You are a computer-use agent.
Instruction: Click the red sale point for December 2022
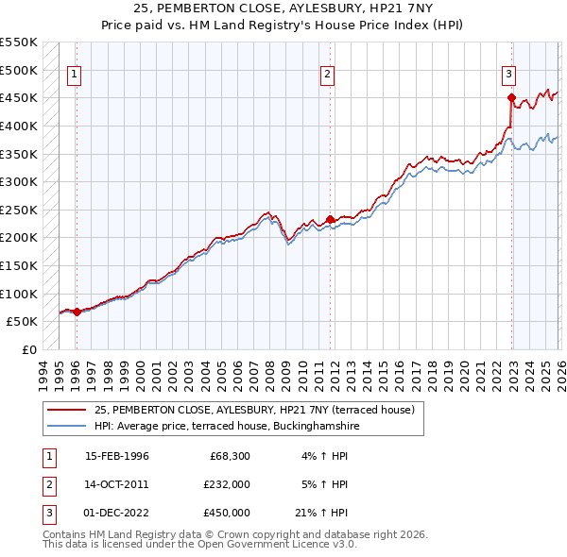tap(510, 97)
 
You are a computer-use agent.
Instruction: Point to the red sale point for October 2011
tap(330, 219)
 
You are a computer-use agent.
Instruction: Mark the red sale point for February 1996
tap(77, 312)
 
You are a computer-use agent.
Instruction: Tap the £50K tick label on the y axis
tap(22, 321)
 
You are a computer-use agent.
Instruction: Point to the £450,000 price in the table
tap(226, 513)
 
